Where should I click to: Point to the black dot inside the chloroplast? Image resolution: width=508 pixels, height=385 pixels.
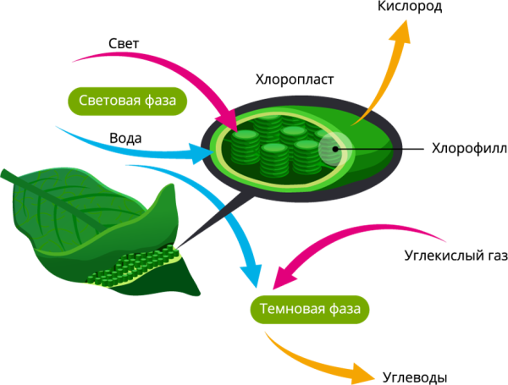pyautogui.click(x=336, y=150)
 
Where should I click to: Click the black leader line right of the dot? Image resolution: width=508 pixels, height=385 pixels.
pyautogui.click(x=373, y=150)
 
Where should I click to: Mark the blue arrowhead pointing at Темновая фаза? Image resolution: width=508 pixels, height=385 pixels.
pyautogui.click(x=251, y=275)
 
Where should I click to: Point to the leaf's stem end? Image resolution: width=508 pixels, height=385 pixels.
pyautogui.click(x=4, y=173)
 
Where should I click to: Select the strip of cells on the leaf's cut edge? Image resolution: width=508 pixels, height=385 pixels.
pyautogui.click(x=135, y=266)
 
